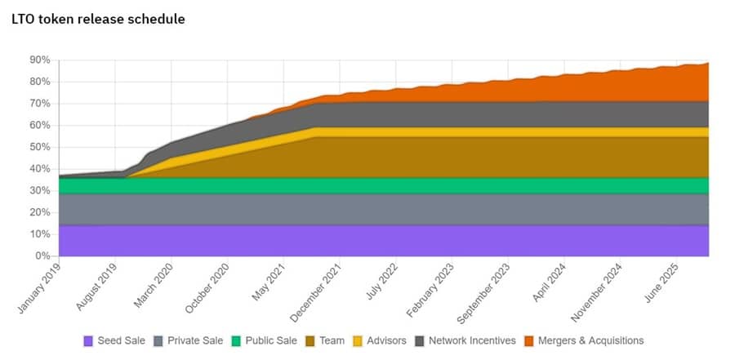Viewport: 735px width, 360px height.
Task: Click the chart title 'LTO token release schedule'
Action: click(98, 19)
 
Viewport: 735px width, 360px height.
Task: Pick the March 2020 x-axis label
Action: click(153, 282)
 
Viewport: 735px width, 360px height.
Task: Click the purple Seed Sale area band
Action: click(367, 241)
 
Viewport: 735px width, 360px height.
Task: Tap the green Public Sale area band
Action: click(367, 185)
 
